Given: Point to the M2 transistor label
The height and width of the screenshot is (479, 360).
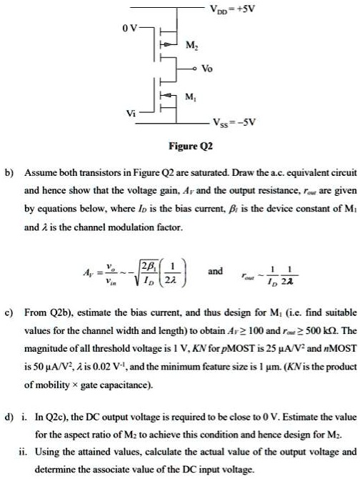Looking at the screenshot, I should (x=191, y=47).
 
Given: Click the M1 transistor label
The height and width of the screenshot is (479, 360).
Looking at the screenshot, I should (x=191, y=95).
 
